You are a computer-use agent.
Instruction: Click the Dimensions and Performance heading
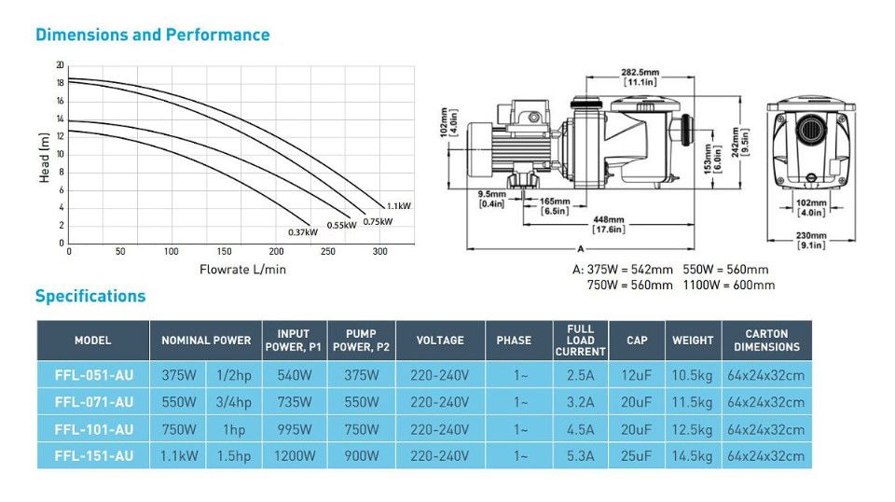(152, 35)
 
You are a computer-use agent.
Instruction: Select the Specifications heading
(90, 296)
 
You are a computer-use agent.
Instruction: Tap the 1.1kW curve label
(398, 206)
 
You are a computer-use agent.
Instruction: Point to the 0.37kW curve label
(302, 232)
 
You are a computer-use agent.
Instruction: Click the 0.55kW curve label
(341, 225)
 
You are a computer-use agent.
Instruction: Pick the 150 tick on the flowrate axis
(224, 251)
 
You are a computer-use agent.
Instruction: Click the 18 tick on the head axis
(60, 83)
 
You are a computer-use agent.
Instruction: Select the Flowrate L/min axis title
(242, 270)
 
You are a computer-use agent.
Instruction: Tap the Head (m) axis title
(44, 159)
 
